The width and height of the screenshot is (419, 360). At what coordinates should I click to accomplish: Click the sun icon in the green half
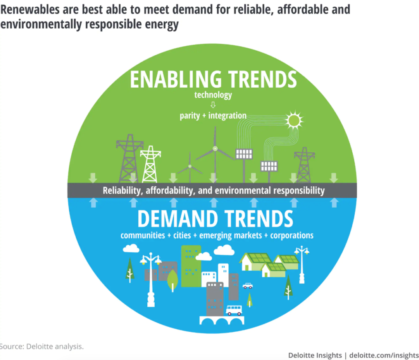[294, 120]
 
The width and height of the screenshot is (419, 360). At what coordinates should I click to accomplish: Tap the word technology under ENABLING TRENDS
[213, 95]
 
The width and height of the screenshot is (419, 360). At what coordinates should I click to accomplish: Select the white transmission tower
[151, 164]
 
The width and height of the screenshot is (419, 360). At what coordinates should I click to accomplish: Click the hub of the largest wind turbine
[215, 148]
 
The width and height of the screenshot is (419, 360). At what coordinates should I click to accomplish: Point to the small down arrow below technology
[213, 104]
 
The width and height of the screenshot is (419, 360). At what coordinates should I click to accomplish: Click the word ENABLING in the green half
[176, 79]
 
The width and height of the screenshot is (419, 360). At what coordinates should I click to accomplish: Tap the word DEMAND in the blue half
[178, 219]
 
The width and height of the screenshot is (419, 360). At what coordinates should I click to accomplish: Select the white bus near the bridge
[234, 310]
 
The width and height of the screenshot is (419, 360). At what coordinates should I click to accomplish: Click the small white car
[248, 286]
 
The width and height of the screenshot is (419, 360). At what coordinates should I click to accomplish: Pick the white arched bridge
[222, 320]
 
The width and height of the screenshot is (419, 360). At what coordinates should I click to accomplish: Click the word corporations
[292, 235]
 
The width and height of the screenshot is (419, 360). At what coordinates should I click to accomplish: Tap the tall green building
[191, 266]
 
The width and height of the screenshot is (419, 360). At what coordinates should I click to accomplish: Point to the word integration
[228, 115]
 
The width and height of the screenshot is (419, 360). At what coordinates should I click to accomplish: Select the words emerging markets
[231, 235]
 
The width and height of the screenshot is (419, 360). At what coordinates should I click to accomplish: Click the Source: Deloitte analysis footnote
[42, 346]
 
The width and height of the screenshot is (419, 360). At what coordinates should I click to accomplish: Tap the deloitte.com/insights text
[384, 355]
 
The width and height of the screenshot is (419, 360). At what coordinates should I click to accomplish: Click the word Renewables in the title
[30, 10]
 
